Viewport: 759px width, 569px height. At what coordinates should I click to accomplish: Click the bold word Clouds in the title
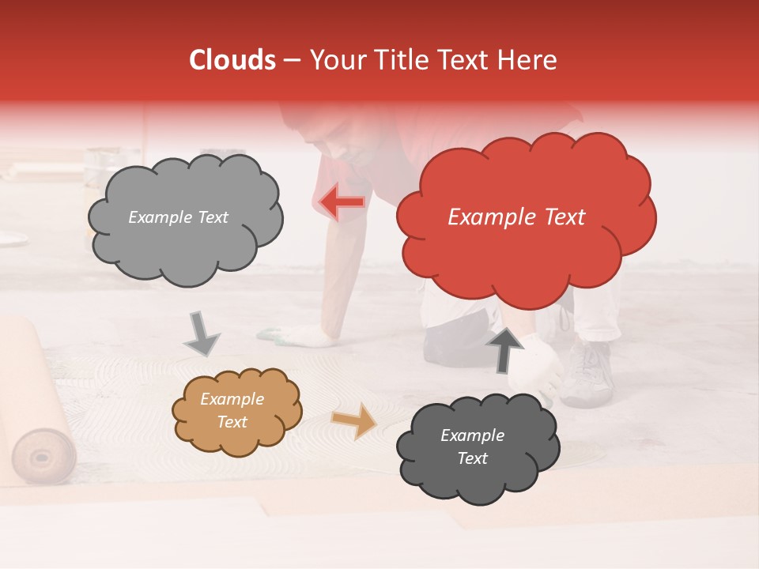[232, 60]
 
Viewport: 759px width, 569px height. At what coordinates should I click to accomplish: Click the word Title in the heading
[401, 60]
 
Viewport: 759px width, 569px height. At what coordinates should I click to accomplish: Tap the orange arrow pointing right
[355, 420]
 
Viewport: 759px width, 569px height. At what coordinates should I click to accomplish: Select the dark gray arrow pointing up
[504, 349]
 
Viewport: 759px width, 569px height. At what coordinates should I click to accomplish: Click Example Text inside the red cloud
[516, 217]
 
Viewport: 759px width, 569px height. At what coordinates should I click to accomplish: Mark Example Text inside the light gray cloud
[178, 217]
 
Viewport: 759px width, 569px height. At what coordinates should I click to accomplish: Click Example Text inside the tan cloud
[232, 411]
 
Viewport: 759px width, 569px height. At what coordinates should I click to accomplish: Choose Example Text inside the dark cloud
[472, 447]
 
